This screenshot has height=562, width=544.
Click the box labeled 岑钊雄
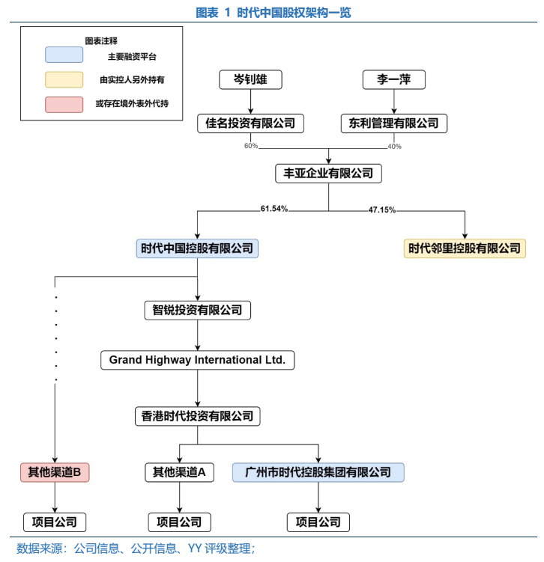coord(250,79)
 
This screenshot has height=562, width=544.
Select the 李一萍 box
coord(393,79)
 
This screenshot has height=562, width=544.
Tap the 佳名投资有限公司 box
coord(250,123)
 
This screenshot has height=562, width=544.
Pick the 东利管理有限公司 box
coord(393,123)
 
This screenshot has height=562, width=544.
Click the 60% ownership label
coord(250,146)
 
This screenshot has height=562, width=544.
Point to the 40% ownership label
coord(394,146)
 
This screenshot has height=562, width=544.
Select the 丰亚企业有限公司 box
coord(328,174)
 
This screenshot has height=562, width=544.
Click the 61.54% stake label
coord(274,209)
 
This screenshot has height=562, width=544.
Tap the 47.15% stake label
coord(382,210)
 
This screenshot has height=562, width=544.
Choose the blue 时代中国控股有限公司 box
coord(197,248)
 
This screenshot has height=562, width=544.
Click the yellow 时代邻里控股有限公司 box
coord(465,248)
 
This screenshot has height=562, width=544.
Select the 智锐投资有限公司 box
coord(197,310)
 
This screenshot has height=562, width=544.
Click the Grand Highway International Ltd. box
coord(197,360)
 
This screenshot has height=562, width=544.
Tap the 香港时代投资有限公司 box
coord(197,417)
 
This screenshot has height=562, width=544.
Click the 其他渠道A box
coord(179,472)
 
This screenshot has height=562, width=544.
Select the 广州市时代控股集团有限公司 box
coord(318,472)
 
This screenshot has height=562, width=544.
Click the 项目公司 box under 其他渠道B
coord(55,522)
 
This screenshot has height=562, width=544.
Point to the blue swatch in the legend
coord(64,56)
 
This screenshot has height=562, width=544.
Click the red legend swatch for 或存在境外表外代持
coord(64,104)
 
